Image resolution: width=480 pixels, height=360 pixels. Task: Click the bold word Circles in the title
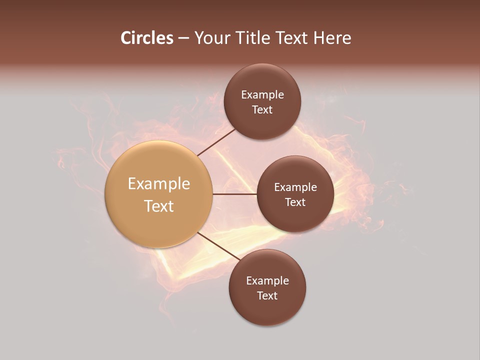146,38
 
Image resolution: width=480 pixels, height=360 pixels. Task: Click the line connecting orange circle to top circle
216,141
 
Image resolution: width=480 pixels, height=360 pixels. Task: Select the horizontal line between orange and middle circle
234,194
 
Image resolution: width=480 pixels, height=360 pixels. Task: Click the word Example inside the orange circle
158,184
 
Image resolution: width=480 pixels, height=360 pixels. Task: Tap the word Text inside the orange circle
158,206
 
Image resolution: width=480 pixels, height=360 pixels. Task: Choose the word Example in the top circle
262,95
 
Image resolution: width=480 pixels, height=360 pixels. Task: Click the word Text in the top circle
262,109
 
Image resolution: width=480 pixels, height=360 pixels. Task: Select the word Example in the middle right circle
295,187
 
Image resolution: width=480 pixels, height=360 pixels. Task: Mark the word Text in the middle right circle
295,202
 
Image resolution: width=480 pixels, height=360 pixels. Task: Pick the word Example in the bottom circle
267,281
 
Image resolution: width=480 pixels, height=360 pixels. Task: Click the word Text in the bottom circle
267,295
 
